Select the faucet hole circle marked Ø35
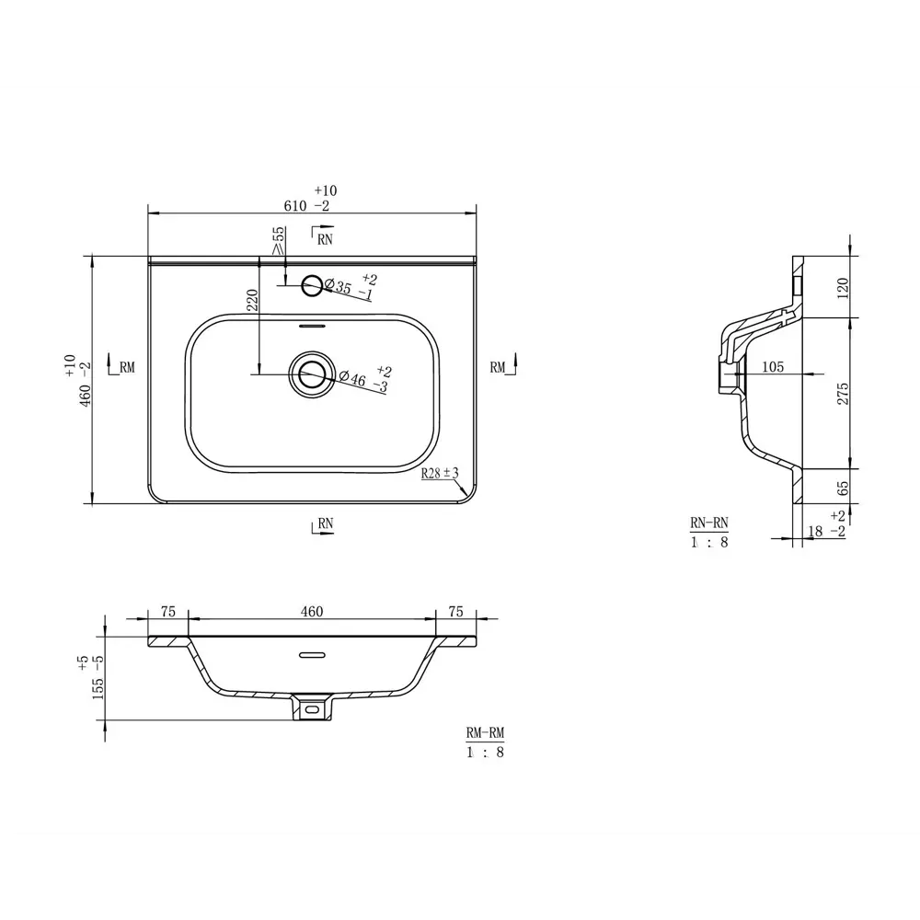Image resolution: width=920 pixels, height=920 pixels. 313,286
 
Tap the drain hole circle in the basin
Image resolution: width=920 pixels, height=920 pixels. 311,374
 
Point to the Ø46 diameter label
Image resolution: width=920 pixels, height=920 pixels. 354,377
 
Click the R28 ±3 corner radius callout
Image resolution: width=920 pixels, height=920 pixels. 440,474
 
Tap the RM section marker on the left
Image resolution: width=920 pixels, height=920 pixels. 121,367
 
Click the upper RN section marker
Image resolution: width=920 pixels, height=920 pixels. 322,238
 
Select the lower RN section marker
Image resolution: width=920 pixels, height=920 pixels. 322,523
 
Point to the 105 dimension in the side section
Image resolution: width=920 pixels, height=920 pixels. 773,367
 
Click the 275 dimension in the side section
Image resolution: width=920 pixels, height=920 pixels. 842,393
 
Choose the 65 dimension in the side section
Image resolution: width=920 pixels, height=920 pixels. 842,487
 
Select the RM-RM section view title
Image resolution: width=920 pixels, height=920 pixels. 485,733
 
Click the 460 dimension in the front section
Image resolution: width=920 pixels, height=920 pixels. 312,612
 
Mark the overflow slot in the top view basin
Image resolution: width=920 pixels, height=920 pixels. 313,325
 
